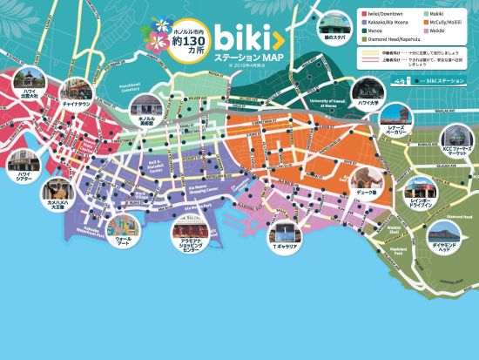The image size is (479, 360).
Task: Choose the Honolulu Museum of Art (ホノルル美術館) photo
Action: (145, 106)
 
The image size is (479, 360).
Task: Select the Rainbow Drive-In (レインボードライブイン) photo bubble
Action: (425, 187)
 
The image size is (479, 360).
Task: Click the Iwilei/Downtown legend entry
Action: (384, 14)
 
